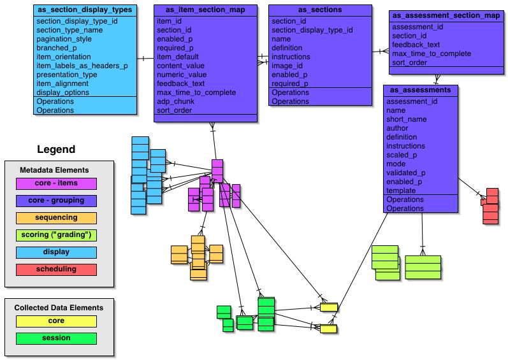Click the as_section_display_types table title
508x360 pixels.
tap(85, 10)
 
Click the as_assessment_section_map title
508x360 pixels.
tap(446, 15)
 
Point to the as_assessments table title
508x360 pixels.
tap(421, 90)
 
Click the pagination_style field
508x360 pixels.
tap(66, 39)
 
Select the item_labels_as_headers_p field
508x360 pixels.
tap(82, 66)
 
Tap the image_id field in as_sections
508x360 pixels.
tap(287, 66)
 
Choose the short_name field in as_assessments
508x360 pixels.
tap(407, 119)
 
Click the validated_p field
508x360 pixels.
tap(407, 173)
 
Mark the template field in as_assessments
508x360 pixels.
tap(402, 191)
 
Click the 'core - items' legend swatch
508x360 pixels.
tap(56, 184)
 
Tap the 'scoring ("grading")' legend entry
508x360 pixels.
tap(56, 235)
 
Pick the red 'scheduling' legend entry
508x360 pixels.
tap(56, 269)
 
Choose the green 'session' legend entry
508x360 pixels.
tap(56, 338)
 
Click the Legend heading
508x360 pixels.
tap(56, 150)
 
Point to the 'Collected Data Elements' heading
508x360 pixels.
tap(59, 308)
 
